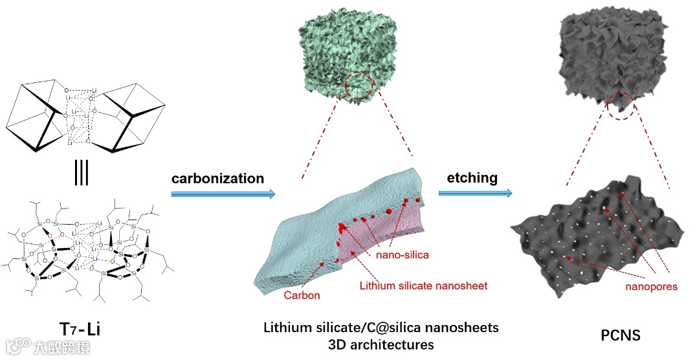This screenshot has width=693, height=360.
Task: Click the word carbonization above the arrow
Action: pos(217,178)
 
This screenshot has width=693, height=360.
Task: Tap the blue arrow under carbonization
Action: pos(223,194)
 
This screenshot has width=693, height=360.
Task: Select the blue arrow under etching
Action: pos(475,192)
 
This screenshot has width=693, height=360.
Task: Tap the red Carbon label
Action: pos(302,295)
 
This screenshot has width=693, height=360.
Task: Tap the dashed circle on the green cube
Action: pos(359,88)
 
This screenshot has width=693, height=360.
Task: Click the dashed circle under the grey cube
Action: pos(621,105)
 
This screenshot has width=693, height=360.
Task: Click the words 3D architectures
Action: pos(381,344)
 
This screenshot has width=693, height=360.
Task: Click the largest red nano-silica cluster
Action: pos(342,227)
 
